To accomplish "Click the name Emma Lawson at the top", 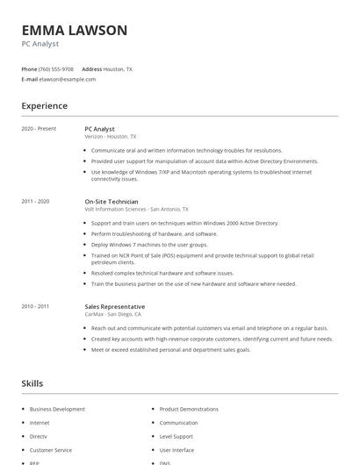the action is point(75,31).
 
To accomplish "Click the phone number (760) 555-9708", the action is point(56,68).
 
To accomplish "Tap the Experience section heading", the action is point(45,106).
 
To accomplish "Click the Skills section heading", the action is point(32,383).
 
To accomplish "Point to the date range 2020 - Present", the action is point(39,129).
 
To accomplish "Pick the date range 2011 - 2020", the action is point(37,202).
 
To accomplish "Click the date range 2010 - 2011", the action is point(37,306).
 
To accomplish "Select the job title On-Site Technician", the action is point(112,202).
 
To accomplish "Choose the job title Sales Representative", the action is point(114,306).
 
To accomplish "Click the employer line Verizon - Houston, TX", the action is point(111,137).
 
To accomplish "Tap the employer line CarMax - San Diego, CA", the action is point(113,314).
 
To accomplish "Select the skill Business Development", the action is point(57,409).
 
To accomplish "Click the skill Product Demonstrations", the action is point(189,409).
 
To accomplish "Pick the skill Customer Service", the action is point(51,449).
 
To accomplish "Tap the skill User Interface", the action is point(176,449).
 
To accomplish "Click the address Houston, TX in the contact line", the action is point(118,68).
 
